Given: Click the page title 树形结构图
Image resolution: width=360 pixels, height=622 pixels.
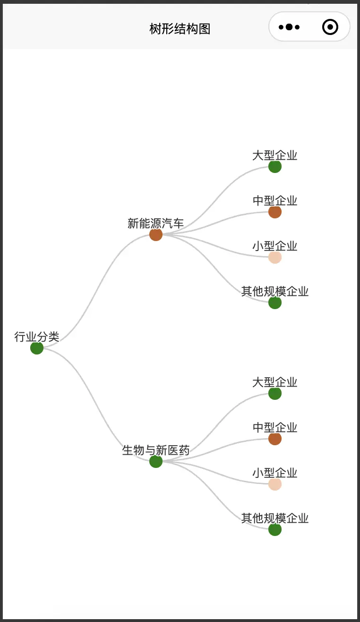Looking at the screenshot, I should pos(180,29).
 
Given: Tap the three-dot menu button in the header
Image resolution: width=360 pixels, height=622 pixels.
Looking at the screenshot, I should pos(289,27).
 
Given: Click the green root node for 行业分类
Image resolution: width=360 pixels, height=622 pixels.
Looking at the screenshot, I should pos(37,348).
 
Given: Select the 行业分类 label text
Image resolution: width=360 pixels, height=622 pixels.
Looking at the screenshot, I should pos(37,337).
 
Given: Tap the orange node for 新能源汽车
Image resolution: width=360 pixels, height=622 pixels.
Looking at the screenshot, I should pos(156,234).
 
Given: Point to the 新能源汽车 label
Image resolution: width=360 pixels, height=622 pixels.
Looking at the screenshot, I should pos(156,223).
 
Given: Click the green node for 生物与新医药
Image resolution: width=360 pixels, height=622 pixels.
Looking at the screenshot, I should pos(156,461).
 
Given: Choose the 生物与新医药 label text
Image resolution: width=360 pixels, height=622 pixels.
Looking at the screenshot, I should pos(156,450).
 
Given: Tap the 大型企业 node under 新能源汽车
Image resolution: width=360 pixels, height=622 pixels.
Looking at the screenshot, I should pos(275,166).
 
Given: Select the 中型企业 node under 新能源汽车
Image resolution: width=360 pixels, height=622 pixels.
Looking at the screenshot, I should pos(275,212).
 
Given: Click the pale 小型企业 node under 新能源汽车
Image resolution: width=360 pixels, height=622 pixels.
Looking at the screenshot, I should pos(275,257).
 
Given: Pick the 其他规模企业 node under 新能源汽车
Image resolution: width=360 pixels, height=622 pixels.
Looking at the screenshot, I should pos(275,302).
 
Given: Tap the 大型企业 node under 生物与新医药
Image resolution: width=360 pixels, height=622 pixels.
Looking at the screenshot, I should pos(275,393).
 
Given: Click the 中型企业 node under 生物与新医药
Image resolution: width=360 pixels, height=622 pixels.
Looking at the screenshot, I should pos(275,439).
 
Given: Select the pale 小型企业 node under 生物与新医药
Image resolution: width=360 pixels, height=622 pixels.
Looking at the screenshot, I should pos(275,484).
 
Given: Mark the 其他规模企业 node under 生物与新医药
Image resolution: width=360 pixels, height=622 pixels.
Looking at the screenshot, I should pos(275,529).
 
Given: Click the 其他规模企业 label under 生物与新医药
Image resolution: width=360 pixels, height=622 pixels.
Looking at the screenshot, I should pos(275,518).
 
